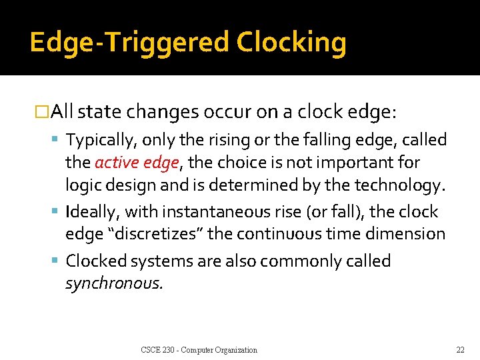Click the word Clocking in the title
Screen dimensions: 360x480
[x=291, y=43]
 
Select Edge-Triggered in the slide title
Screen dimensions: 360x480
[x=129, y=43]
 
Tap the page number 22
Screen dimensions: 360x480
[x=460, y=350]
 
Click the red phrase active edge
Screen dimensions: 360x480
[x=137, y=162]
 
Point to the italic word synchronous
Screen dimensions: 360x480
[x=113, y=283]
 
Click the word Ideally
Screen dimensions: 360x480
[x=91, y=212]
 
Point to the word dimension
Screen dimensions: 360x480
[x=408, y=234]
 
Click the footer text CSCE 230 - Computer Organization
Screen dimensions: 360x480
[x=199, y=350]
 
